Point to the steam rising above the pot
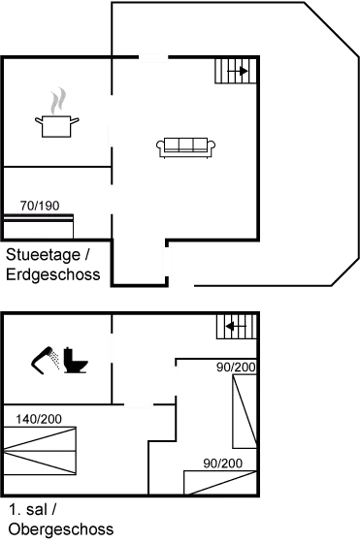click(57, 99)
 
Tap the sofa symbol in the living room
click(185, 148)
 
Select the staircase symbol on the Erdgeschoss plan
click(233, 70)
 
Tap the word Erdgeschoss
click(54, 274)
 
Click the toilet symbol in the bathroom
click(75, 361)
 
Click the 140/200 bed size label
click(40, 418)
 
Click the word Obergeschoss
click(60, 528)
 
